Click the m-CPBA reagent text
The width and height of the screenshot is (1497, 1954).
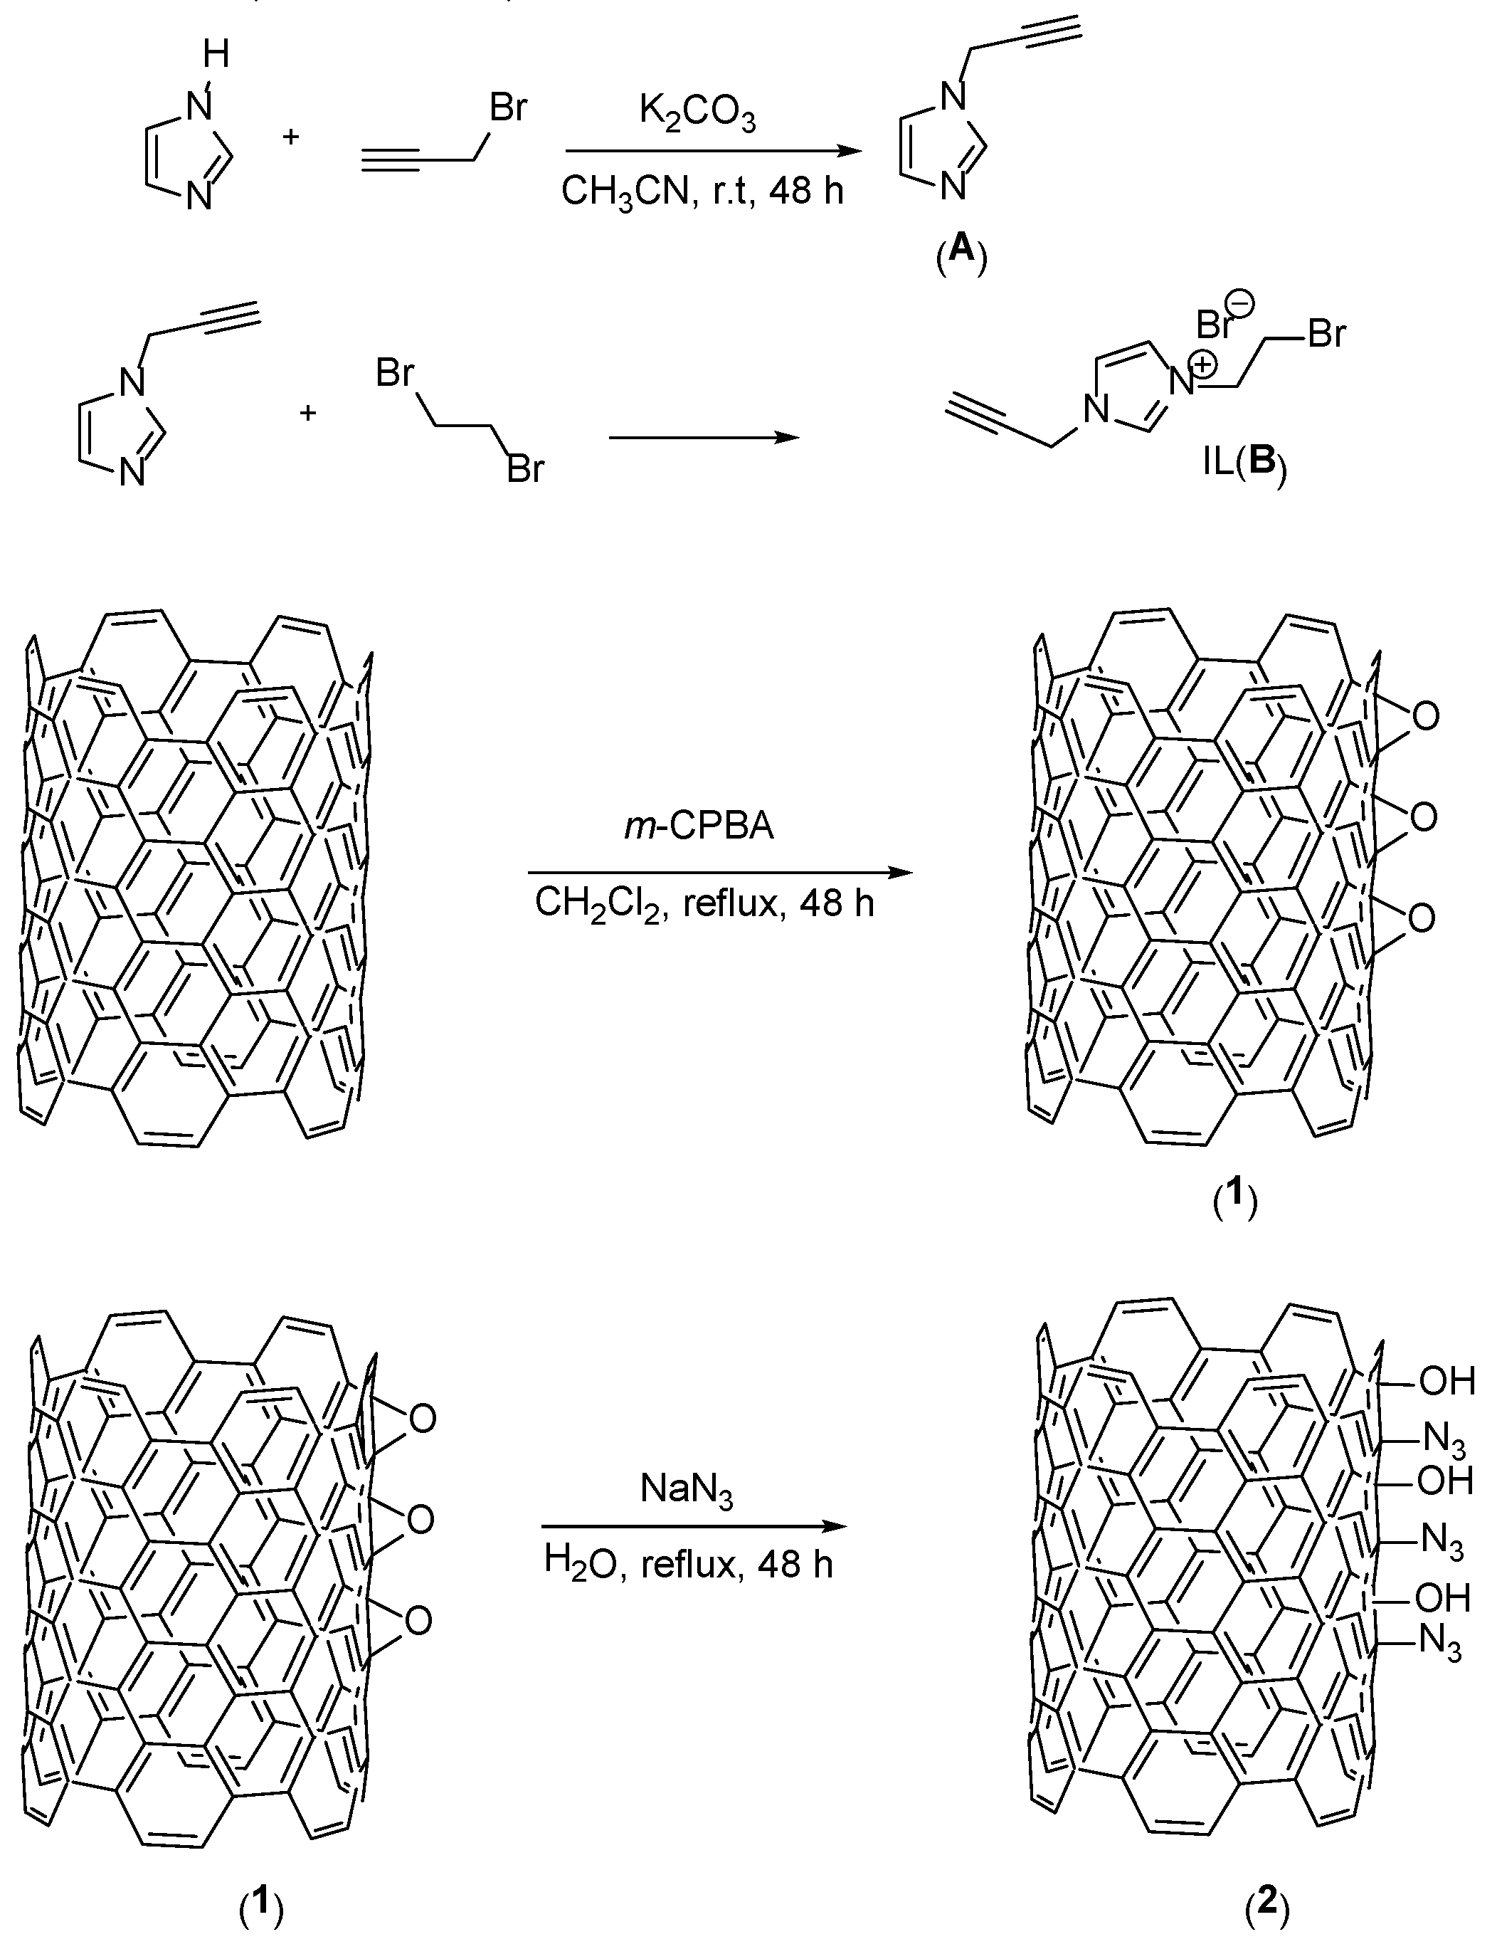699,826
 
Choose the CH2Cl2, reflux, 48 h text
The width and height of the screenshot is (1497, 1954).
704,904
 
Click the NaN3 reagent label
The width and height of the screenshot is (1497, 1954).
686,1491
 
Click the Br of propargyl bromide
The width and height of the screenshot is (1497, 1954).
508,108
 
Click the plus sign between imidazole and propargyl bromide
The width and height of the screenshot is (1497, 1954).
292,137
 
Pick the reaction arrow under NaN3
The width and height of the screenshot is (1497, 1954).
693,1527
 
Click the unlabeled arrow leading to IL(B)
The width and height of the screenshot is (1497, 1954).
703,438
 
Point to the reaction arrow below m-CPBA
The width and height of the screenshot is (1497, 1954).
720,872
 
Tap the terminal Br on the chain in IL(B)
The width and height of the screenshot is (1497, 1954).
1326,335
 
